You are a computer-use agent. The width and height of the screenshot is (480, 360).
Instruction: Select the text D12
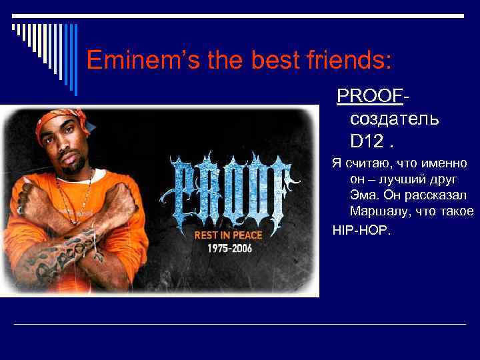pos(365,141)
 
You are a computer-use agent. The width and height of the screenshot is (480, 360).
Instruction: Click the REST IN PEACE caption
pos(228,235)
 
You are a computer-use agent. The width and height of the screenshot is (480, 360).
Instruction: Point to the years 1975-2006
pos(228,248)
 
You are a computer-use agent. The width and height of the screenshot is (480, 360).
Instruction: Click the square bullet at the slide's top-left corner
pos(15,28)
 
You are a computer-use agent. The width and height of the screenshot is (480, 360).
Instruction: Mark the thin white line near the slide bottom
pos(240,324)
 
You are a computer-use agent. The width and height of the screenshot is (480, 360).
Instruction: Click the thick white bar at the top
pos(240,16)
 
